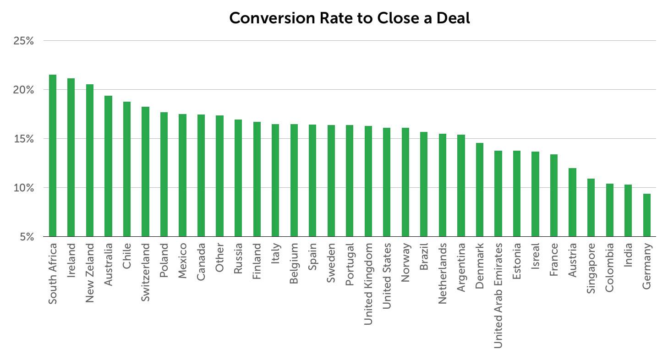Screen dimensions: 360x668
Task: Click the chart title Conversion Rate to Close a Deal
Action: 349,18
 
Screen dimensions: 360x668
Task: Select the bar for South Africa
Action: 53,156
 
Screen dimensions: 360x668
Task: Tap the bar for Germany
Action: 646,215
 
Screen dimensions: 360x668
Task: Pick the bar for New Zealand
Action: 90,160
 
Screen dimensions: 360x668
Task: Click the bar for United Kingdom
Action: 368,181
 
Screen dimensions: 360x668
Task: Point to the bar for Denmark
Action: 480,190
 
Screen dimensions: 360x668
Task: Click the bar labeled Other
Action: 219,176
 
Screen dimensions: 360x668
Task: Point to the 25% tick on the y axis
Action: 23,41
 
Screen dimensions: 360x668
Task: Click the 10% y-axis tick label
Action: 23,188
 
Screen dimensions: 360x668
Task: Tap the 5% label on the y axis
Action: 27,237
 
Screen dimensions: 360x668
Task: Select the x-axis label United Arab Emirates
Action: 498,296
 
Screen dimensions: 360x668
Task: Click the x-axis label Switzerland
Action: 145,273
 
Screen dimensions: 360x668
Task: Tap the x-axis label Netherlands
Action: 442,273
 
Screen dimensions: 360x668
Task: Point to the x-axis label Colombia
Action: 609,267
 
